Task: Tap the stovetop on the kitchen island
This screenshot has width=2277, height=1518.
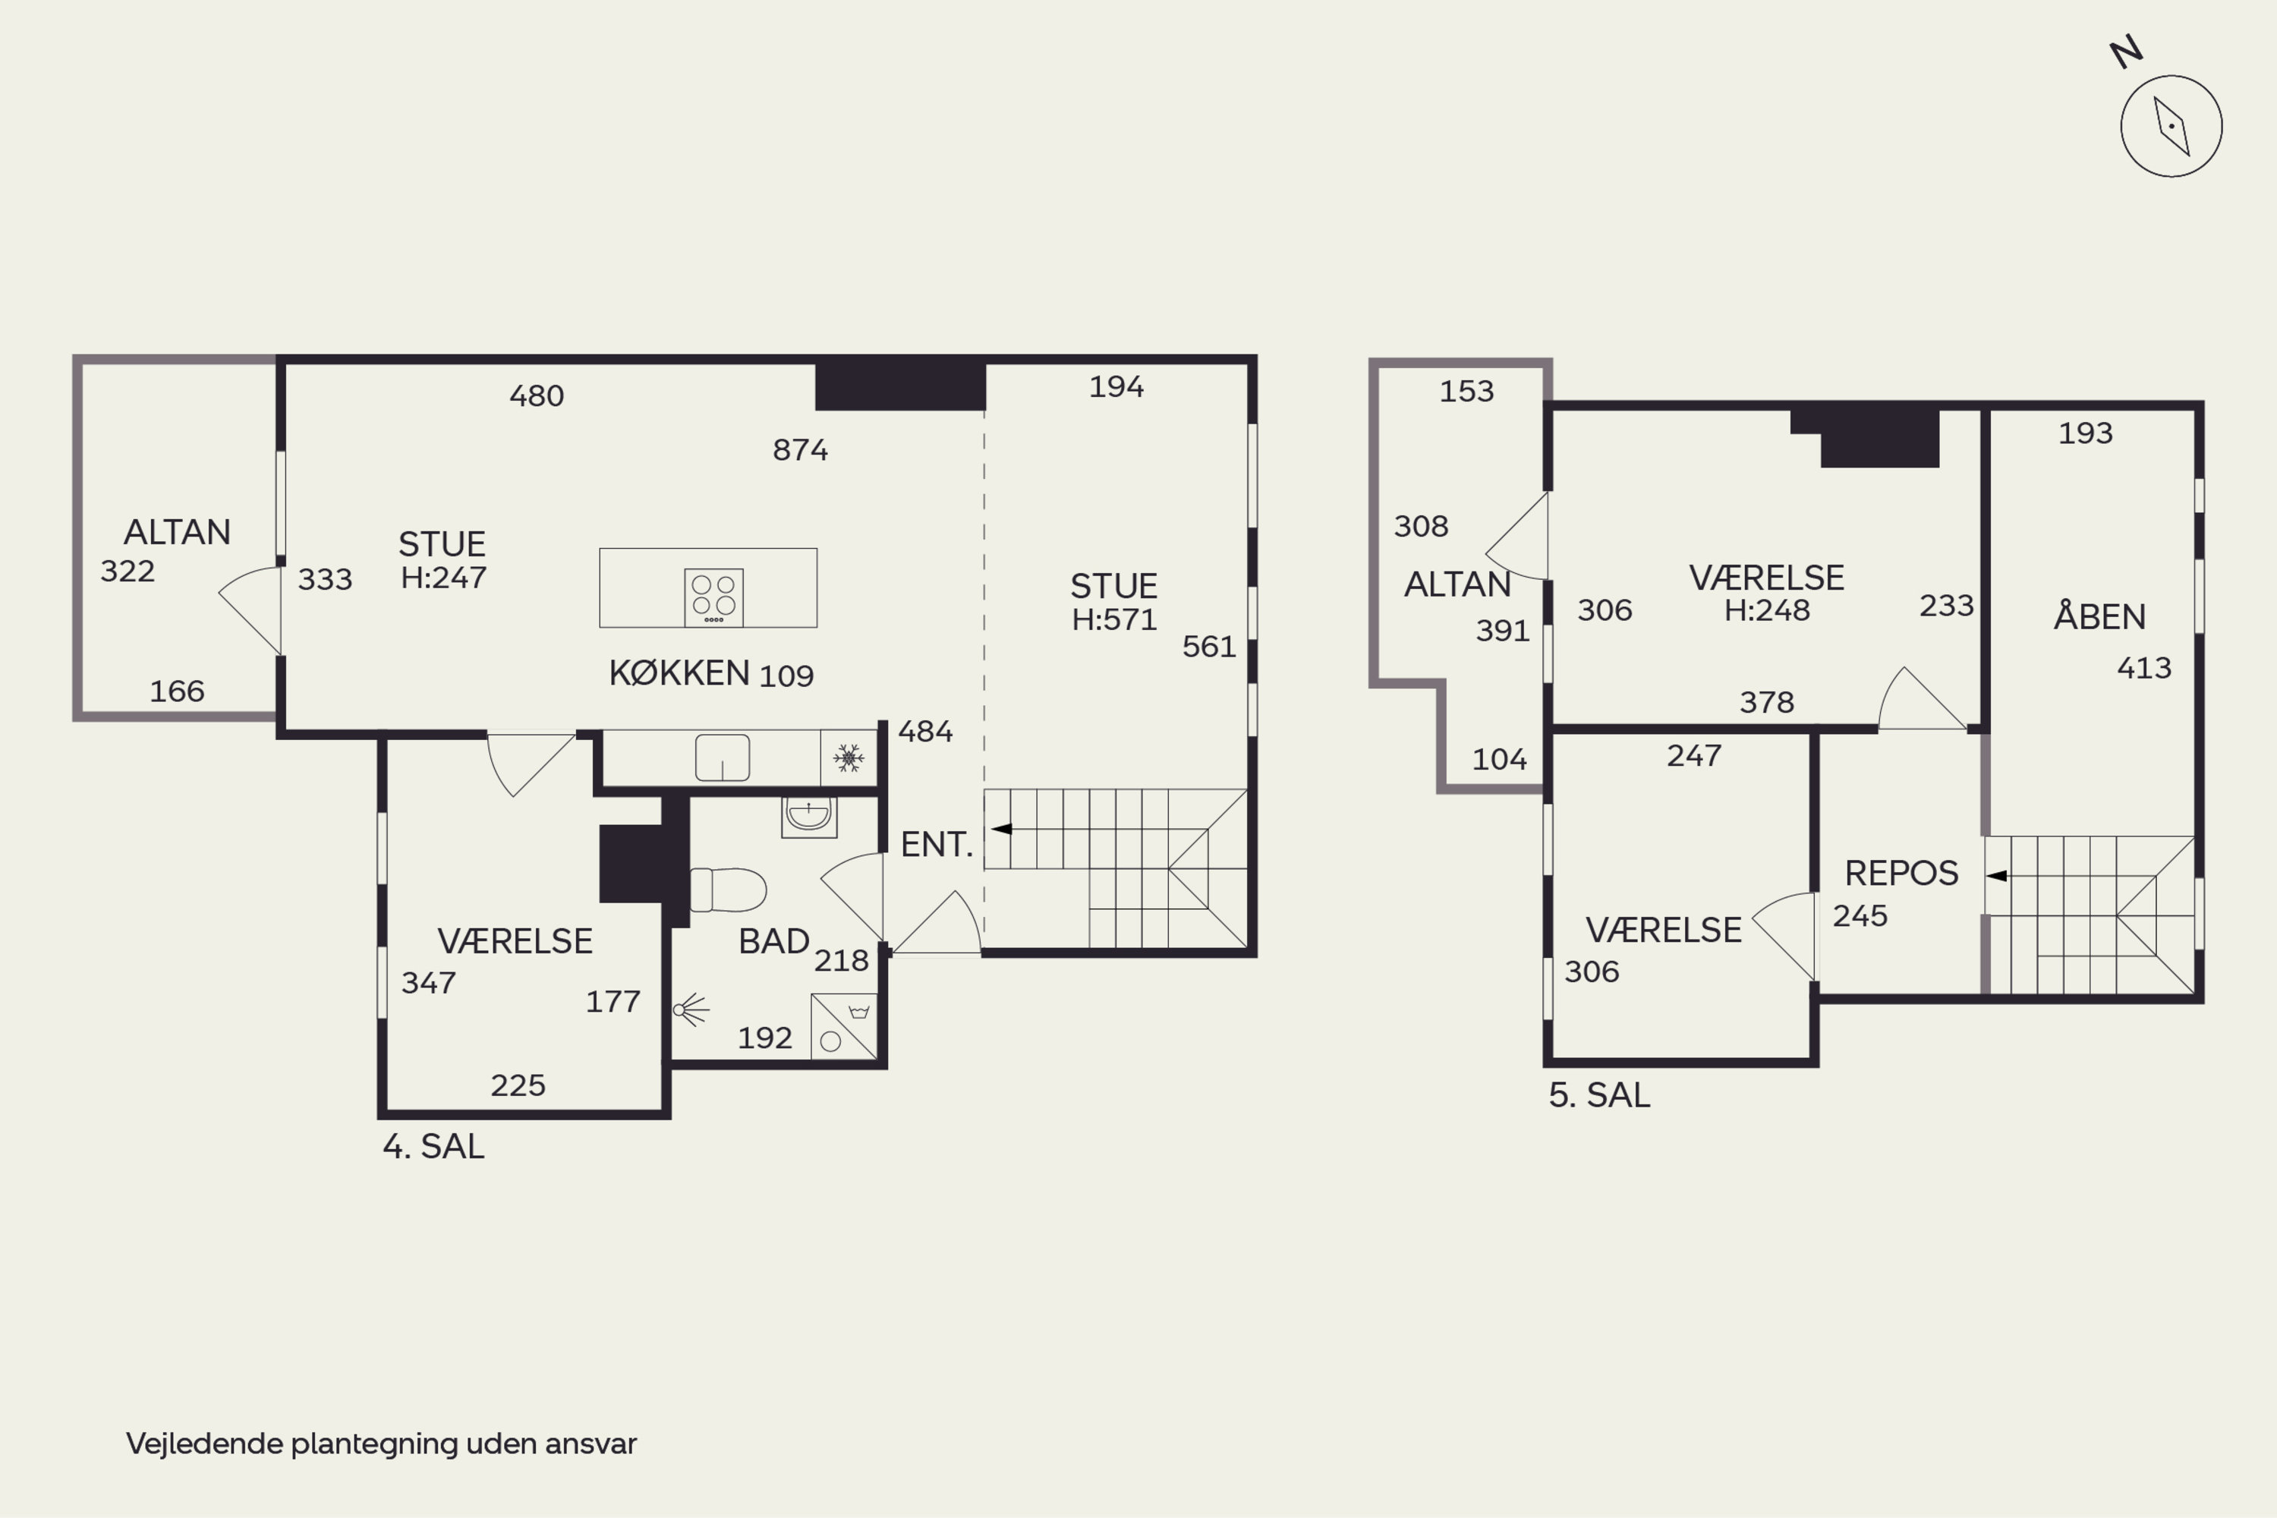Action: point(713,597)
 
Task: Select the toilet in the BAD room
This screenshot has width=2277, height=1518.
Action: point(728,890)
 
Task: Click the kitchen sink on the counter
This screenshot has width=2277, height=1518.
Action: point(723,757)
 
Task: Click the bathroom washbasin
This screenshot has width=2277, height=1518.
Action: point(808,816)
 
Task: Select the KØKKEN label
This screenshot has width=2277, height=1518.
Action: point(679,672)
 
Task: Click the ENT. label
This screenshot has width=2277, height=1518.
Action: point(936,844)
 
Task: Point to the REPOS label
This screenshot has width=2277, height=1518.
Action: point(1901,874)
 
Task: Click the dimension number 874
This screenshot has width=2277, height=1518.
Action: point(800,449)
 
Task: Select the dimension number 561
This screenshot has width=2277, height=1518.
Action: point(1209,646)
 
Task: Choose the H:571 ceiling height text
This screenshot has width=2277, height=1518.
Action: point(1114,619)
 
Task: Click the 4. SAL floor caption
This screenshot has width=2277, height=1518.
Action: point(433,1146)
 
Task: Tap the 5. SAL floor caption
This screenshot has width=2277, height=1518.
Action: point(1599,1095)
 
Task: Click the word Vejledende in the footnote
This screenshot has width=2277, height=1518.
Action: point(204,1444)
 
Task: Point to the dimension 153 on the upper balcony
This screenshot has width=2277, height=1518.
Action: point(1466,391)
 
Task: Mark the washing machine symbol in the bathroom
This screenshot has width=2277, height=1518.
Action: point(844,1026)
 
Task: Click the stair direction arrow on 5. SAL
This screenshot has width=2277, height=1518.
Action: point(1996,876)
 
